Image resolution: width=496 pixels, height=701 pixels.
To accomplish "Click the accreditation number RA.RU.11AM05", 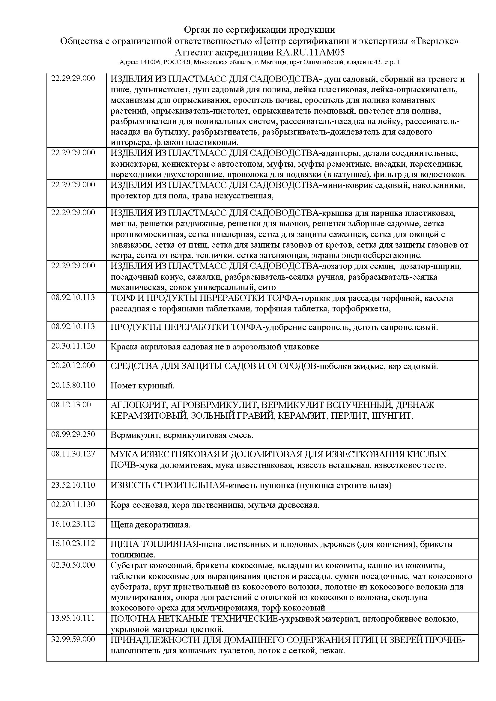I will click(311, 52).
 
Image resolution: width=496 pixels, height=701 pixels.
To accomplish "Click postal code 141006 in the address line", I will click(151, 62).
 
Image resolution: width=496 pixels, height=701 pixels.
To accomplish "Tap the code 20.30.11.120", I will click(73, 346).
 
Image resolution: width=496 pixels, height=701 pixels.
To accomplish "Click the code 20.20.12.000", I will click(73, 365).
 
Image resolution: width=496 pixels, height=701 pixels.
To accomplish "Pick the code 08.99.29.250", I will click(73, 434).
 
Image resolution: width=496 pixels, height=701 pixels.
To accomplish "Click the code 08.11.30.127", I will click(73, 453).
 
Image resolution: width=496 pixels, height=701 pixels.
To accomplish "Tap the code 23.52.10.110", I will click(73, 485).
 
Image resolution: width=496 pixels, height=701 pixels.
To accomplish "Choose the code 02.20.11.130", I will click(73, 504).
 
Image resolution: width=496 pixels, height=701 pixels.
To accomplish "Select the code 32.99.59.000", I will click(73, 639).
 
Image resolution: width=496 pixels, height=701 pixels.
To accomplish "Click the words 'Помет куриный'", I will click(142, 386).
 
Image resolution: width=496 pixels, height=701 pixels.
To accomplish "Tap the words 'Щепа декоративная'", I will click(150, 525).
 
